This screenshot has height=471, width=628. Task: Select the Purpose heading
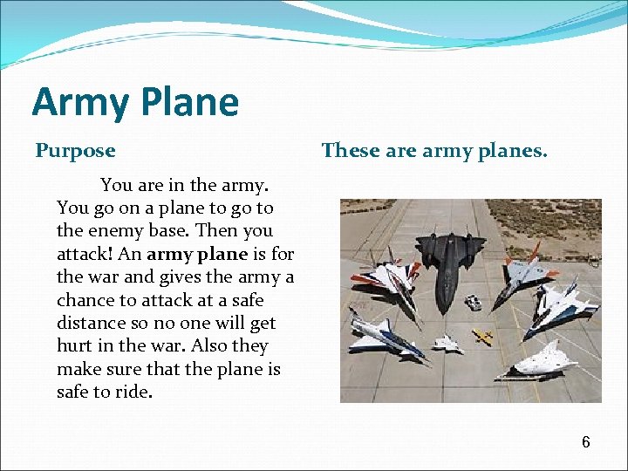[x=75, y=151]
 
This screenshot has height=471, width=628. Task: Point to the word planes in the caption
[x=515, y=151]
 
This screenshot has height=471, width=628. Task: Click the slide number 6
[x=586, y=442]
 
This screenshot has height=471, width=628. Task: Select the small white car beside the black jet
[x=473, y=303]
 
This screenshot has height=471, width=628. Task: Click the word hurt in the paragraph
[x=75, y=345]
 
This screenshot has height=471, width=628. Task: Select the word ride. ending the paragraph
[x=133, y=392]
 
